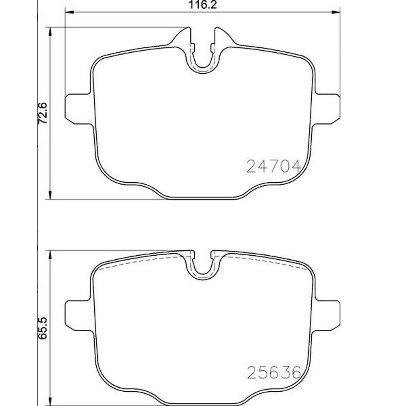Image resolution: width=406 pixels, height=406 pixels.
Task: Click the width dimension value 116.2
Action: (x=203, y=5)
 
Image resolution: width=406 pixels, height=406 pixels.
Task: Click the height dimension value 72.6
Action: (x=42, y=113)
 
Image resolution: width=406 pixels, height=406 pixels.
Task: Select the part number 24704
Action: (x=274, y=166)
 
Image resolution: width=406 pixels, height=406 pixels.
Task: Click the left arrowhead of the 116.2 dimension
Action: (x=70, y=12)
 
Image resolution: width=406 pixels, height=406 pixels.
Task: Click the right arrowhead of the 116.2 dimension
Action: (x=336, y=12)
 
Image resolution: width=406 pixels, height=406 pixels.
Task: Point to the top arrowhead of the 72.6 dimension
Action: (x=50, y=32)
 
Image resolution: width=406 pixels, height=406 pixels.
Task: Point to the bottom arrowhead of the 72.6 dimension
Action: (x=50, y=195)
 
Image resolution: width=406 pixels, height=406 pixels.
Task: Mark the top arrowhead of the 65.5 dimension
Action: (x=50, y=255)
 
